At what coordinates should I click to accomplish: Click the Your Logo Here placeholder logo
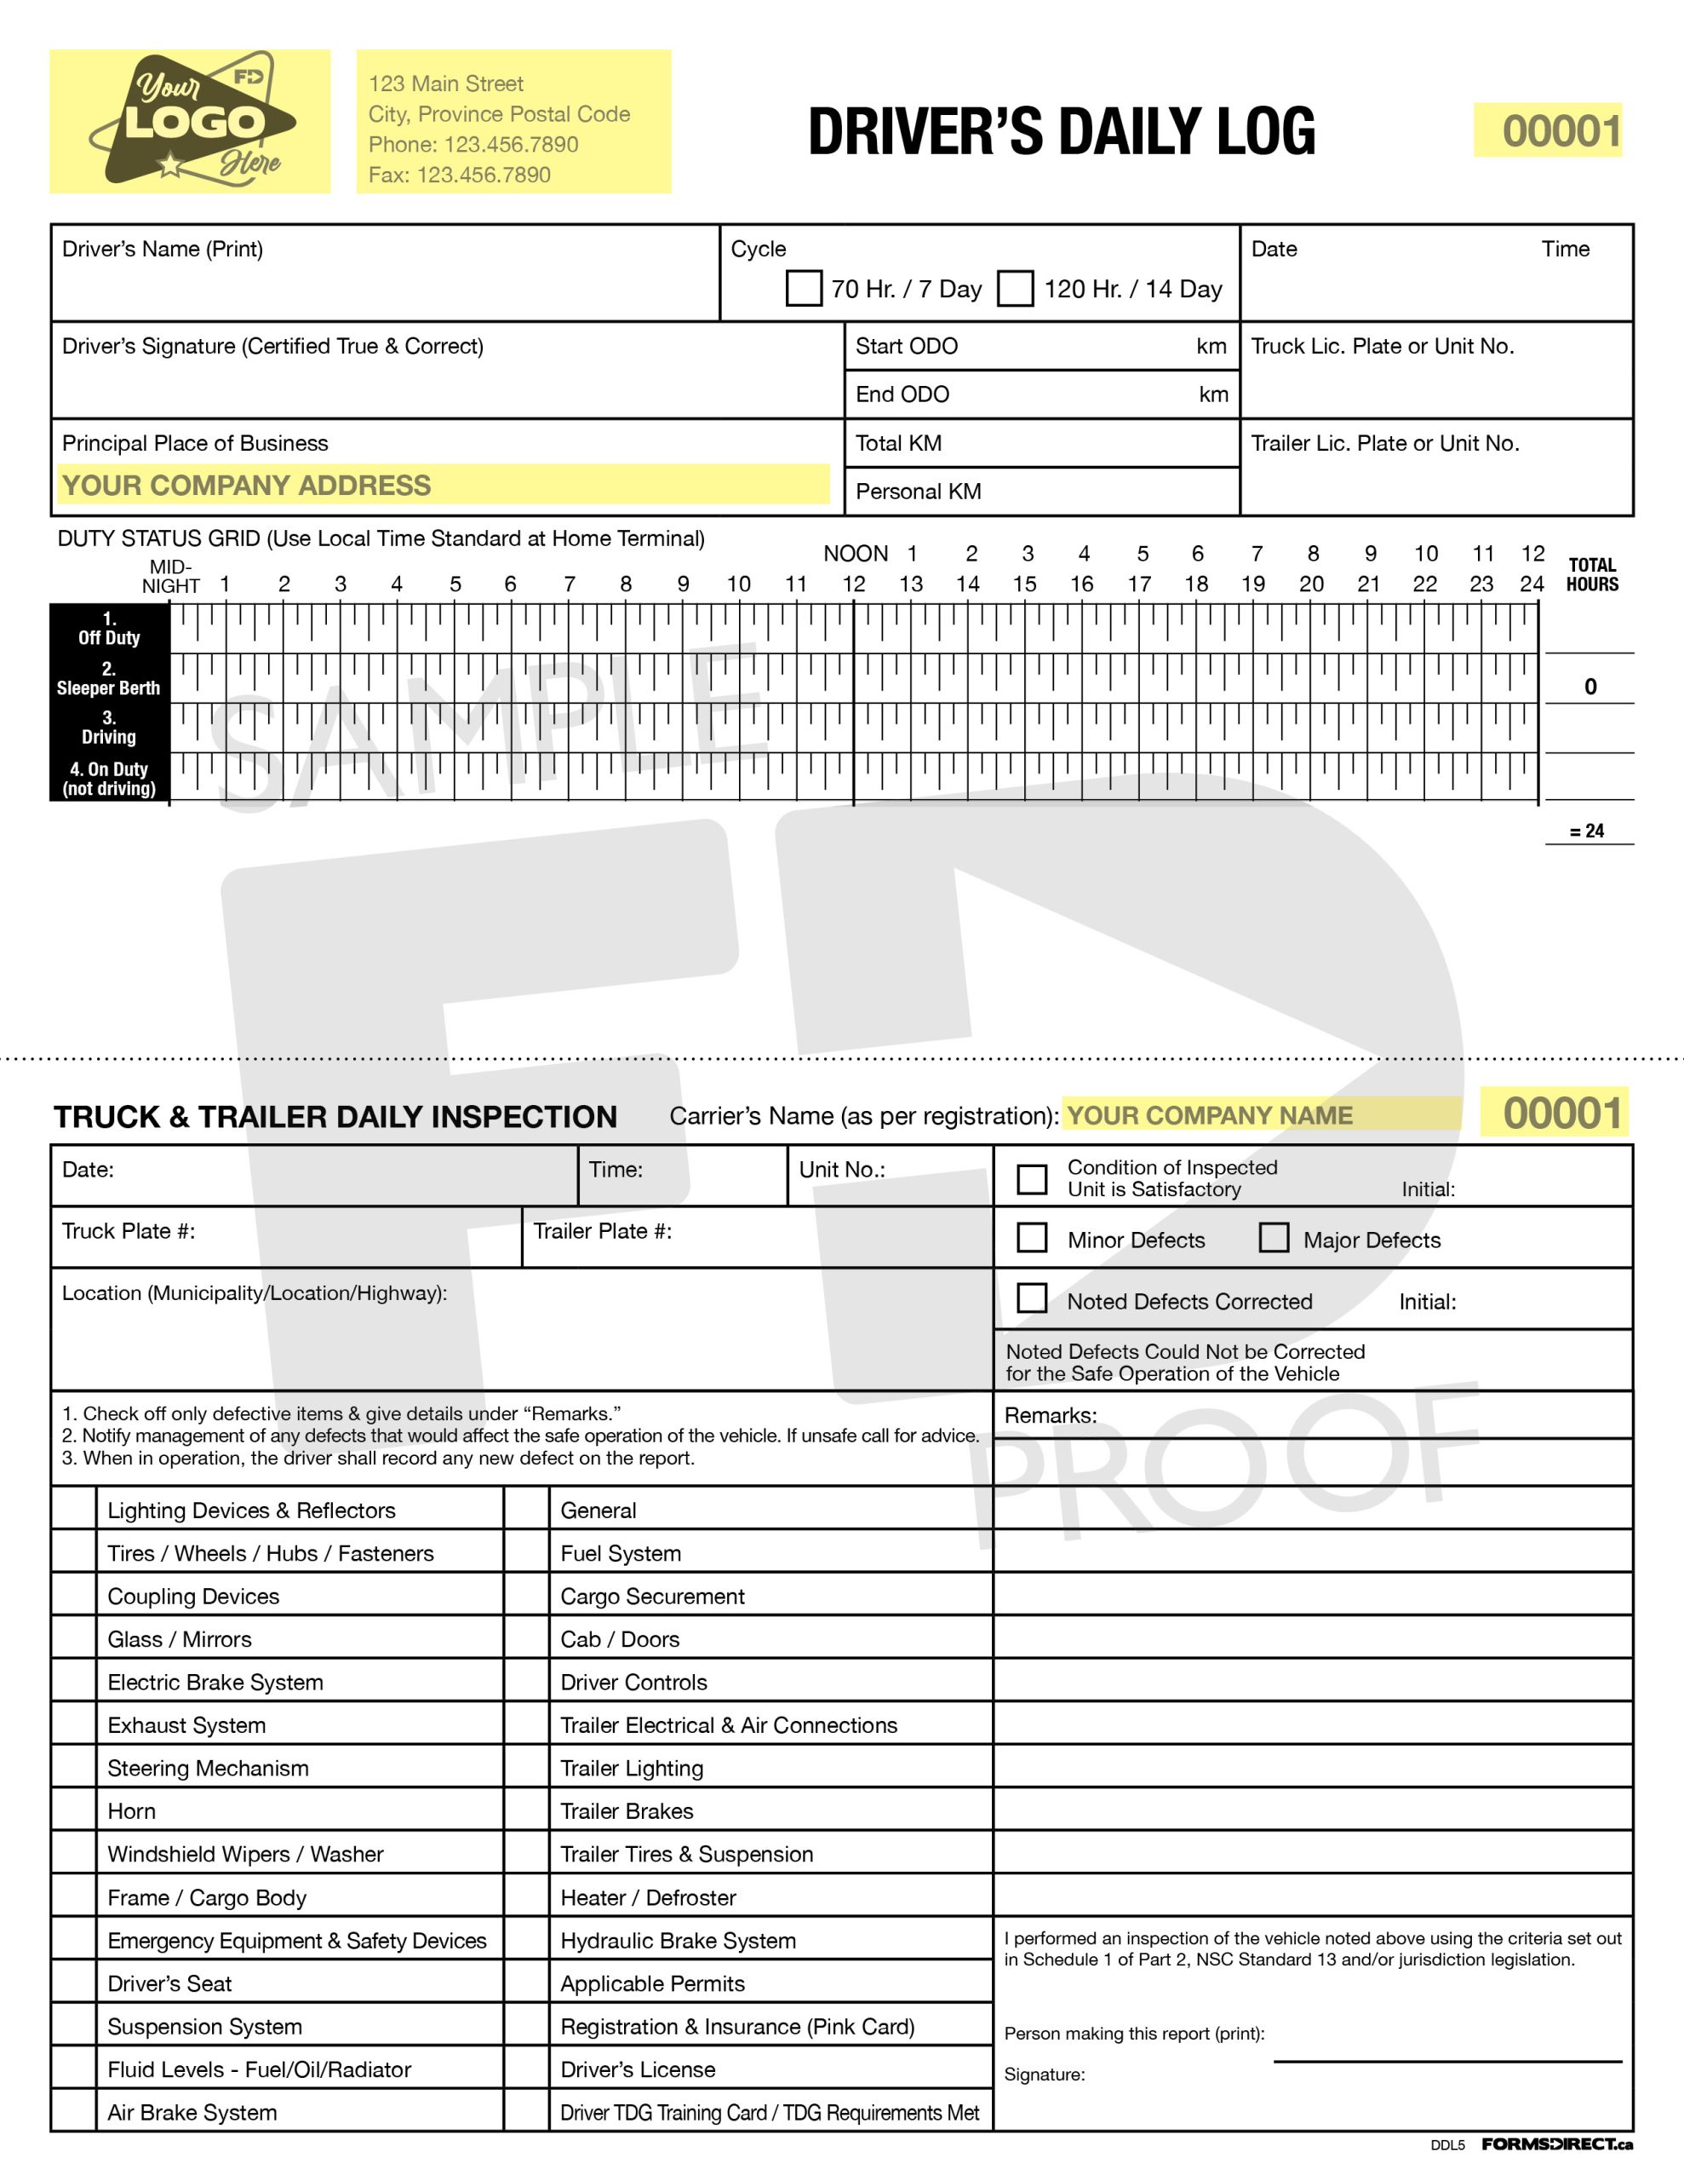tap(190, 121)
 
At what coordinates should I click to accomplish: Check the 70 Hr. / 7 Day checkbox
tap(804, 289)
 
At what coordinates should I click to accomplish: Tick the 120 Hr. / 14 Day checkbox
tap(1015, 289)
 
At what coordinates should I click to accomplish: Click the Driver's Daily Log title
tap(1061, 131)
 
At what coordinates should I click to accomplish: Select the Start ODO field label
tap(907, 347)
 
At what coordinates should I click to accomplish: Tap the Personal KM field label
tap(919, 492)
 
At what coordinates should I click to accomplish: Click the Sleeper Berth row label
tap(109, 679)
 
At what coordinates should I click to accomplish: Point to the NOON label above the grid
tap(856, 553)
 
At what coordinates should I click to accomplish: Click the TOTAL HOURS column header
tap(1591, 574)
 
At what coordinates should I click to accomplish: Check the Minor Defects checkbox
tap(1031, 1238)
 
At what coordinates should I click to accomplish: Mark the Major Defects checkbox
tap(1274, 1238)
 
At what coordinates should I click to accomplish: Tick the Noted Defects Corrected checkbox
tap(1031, 1299)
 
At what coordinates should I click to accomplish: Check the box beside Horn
tap(74, 1810)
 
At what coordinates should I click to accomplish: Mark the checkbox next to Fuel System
tap(526, 1553)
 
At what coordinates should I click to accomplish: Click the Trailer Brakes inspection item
tap(627, 1810)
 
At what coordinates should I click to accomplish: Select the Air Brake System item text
tap(192, 2112)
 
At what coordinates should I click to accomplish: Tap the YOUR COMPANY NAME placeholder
tap(1210, 1114)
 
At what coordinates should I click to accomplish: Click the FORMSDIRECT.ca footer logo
tap(1556, 2144)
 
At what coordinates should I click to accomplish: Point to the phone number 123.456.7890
tap(510, 144)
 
